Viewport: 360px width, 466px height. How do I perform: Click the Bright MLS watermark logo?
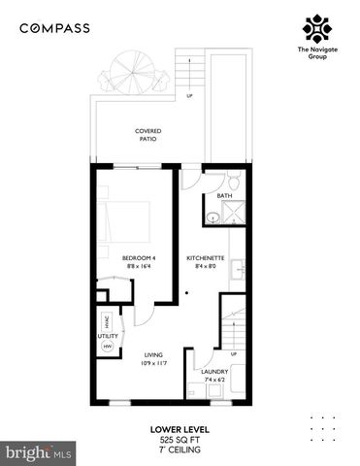pos(39,452)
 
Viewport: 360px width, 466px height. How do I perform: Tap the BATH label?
pos(224,196)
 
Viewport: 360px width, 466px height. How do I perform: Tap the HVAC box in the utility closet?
pos(106,322)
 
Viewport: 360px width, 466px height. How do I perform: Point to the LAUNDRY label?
pos(214,371)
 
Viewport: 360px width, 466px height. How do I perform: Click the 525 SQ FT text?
pos(180,439)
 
